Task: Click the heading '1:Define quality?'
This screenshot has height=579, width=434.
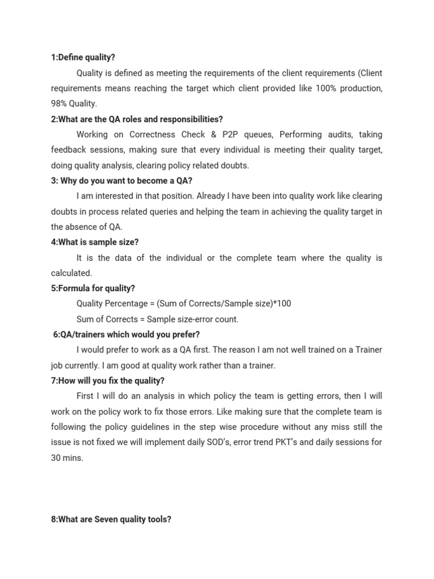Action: tap(83, 58)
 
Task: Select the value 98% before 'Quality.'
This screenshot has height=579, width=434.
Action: tap(59, 104)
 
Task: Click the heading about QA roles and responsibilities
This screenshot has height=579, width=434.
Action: tap(137, 119)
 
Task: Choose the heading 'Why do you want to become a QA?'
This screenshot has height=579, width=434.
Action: tap(121, 181)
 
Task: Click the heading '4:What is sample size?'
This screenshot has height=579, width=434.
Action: tap(94, 242)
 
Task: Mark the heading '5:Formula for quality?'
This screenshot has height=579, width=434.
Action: tap(93, 288)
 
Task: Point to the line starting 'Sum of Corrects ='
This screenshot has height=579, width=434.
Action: tap(157, 319)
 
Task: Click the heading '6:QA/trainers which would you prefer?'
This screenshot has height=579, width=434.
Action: tap(126, 335)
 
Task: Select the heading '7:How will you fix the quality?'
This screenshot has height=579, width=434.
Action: tap(108, 381)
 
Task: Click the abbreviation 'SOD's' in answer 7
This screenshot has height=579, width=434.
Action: tap(226, 442)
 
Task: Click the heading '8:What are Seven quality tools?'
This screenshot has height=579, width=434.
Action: tap(111, 519)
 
